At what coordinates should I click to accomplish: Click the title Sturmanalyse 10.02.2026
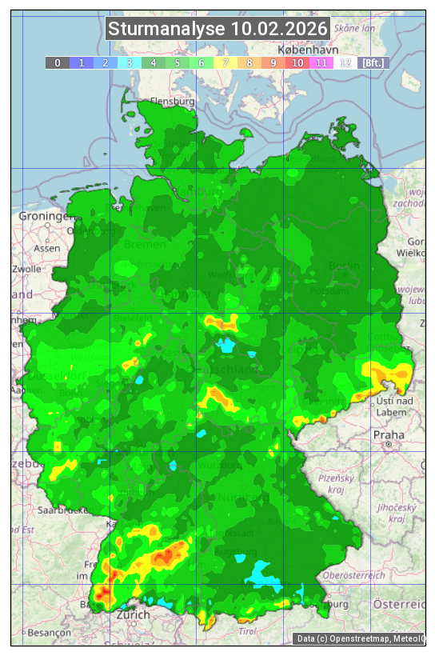click(217, 29)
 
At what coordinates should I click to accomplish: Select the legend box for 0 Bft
click(57, 62)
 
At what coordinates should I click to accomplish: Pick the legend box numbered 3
click(129, 62)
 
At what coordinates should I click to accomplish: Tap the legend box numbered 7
click(225, 62)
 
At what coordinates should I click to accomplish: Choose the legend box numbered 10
click(297, 62)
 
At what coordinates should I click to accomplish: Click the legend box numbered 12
click(345, 62)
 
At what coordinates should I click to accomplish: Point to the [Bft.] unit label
click(373, 62)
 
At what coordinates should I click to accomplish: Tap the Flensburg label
click(172, 102)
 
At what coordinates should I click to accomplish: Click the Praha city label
click(389, 434)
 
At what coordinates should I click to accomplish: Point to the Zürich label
click(132, 614)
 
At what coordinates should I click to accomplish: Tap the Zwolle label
click(26, 269)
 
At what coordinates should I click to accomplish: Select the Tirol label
click(247, 631)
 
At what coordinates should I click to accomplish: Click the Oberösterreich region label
click(353, 574)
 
